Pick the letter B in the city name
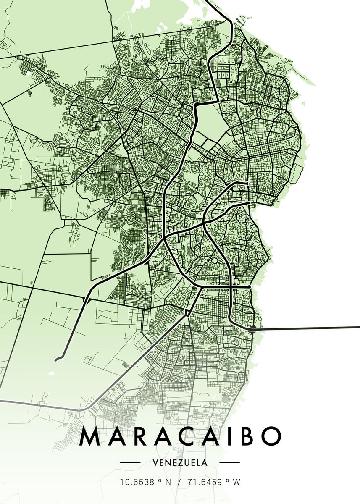pyautogui.click(x=248, y=437)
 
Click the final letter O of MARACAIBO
pyautogui.click(x=271, y=437)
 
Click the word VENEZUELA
pyautogui.click(x=180, y=462)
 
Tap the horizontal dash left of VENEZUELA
pyautogui.click(x=130, y=462)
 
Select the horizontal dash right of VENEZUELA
pyautogui.click(x=229, y=462)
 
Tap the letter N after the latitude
pyautogui.click(x=168, y=483)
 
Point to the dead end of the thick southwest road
pyautogui.click(x=56, y=359)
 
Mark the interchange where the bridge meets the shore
pyautogui.click(x=252, y=329)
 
